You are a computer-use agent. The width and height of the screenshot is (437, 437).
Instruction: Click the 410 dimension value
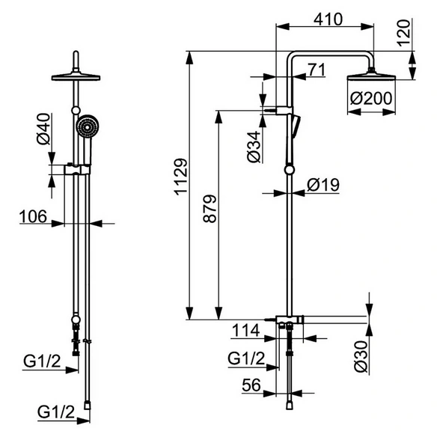click(328, 19)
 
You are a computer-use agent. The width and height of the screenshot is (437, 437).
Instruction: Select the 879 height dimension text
click(210, 209)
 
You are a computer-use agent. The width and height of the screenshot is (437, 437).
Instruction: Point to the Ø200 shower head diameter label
click(371, 98)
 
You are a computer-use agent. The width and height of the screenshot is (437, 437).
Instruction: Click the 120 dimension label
click(404, 33)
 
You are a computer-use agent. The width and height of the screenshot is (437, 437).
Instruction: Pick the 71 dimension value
click(317, 70)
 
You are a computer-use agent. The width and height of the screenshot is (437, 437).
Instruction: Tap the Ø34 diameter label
click(254, 147)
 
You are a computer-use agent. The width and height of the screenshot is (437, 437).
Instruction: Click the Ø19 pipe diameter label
click(323, 185)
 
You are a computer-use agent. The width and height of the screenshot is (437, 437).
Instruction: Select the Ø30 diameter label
click(361, 356)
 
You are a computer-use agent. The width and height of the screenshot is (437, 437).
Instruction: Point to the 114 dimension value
click(245, 331)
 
